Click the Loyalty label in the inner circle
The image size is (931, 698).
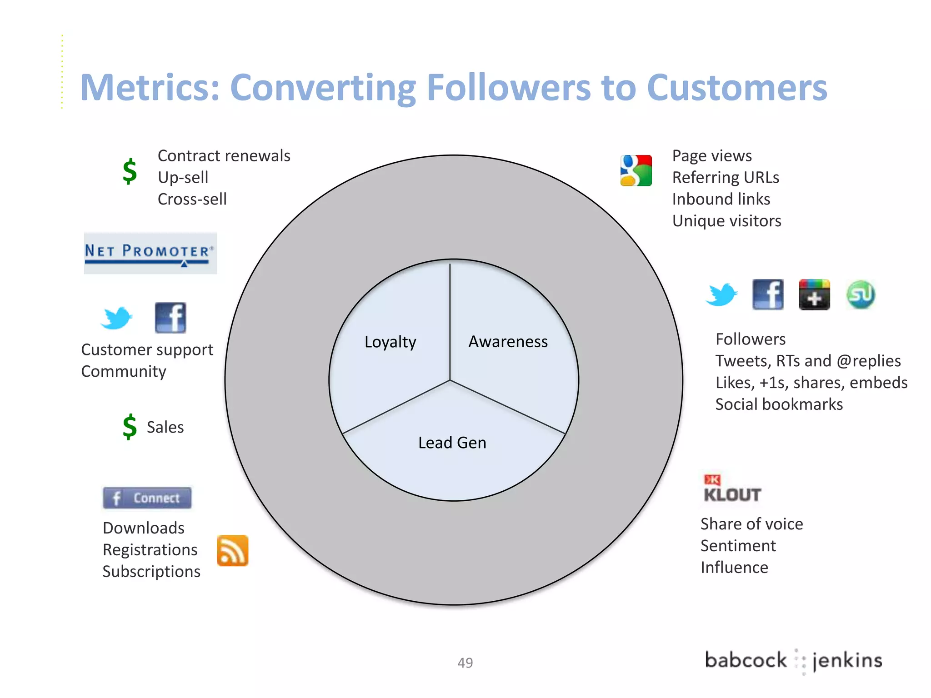click(x=390, y=342)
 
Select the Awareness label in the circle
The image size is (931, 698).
click(x=508, y=341)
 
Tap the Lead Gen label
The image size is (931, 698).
click(x=452, y=443)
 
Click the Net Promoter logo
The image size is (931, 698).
click(x=150, y=253)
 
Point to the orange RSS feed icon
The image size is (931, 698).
click(x=232, y=550)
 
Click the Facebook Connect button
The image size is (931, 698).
click(x=147, y=498)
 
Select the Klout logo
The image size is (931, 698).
click(x=731, y=489)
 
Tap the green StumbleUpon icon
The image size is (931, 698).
click(x=860, y=294)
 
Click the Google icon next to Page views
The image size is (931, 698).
click(x=636, y=170)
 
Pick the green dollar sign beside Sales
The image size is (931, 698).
click(x=130, y=427)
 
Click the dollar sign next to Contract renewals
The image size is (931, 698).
click(x=130, y=171)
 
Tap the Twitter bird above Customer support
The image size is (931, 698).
click(x=116, y=318)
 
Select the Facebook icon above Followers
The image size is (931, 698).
click(x=768, y=294)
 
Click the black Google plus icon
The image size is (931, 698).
click(x=814, y=294)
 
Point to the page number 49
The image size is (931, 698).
click(x=465, y=663)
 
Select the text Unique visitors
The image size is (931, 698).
click(x=726, y=221)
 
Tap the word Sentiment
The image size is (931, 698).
click(x=738, y=546)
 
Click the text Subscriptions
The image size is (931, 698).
click(x=151, y=572)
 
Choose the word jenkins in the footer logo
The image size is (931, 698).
click(x=847, y=660)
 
